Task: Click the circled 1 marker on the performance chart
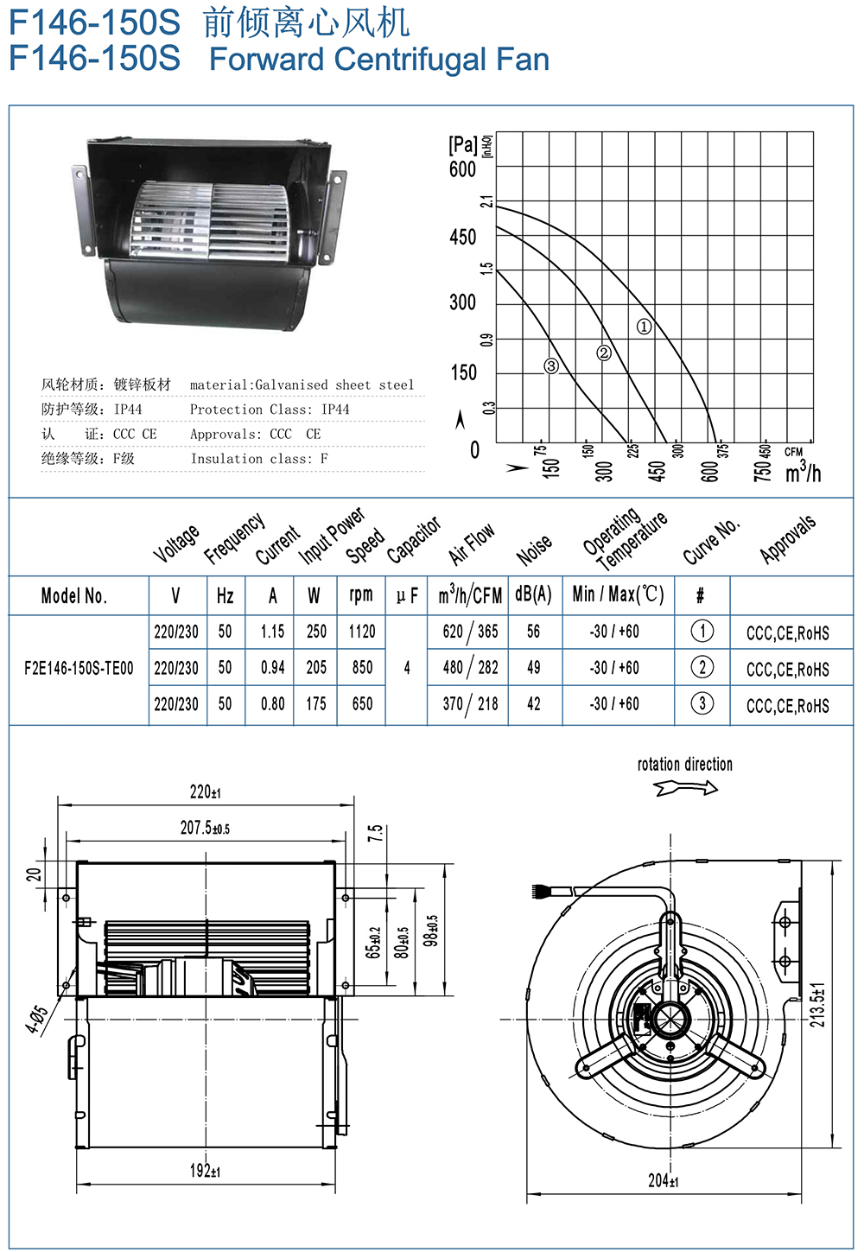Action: tap(644, 327)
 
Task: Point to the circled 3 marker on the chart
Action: tap(551, 365)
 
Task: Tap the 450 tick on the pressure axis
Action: tap(463, 237)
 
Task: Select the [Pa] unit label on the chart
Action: tap(463, 144)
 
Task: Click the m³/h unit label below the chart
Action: tap(803, 472)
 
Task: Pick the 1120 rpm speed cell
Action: tap(362, 632)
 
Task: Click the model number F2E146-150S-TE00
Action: tap(79, 668)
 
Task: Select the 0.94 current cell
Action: tap(273, 668)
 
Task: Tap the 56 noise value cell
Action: tap(534, 632)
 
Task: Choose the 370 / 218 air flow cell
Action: tap(470, 704)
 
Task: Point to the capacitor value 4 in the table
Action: tap(407, 668)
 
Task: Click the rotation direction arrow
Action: tap(686, 787)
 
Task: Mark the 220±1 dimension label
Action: tap(206, 791)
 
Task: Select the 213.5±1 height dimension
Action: tap(817, 1003)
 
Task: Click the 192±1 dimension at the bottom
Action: tap(206, 1171)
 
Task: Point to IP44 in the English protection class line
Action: tap(335, 410)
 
